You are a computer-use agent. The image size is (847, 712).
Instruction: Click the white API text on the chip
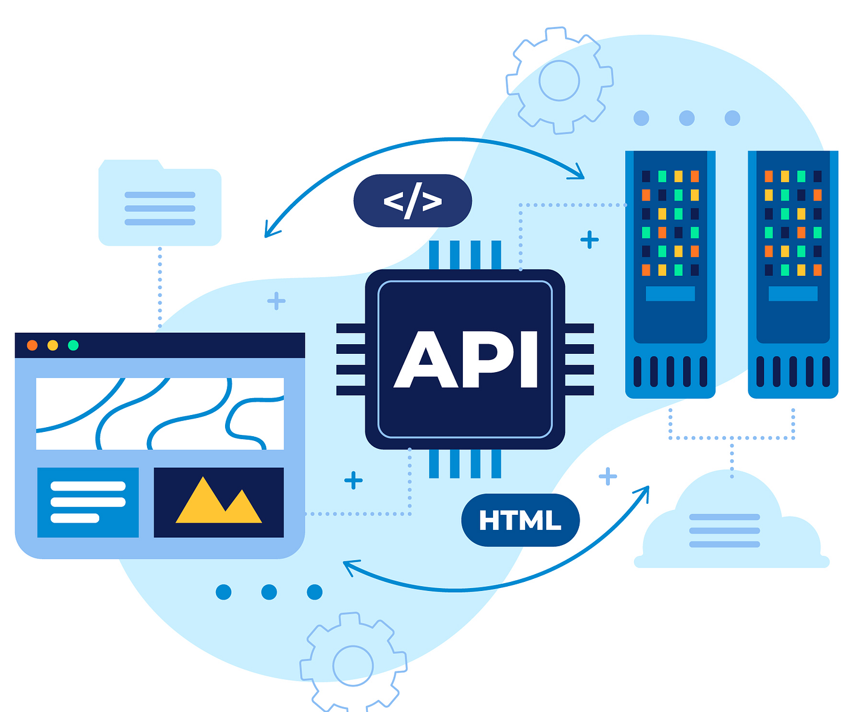(x=465, y=359)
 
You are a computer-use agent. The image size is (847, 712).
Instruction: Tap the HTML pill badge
(x=520, y=520)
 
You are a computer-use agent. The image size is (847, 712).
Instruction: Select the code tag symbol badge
(x=413, y=200)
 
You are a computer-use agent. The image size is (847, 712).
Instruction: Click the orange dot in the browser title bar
(x=32, y=345)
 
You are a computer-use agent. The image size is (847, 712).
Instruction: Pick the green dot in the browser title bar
(x=73, y=345)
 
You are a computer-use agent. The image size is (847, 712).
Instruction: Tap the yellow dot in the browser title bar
(x=53, y=345)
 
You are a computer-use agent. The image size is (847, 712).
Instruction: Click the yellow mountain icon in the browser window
(x=218, y=500)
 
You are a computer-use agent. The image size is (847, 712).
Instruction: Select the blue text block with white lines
(x=88, y=502)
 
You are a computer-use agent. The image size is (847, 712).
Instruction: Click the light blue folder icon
(x=160, y=203)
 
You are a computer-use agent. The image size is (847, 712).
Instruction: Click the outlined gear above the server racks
(x=560, y=80)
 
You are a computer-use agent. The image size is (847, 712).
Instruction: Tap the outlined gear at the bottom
(x=353, y=666)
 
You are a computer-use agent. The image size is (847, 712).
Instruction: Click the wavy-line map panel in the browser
(x=160, y=414)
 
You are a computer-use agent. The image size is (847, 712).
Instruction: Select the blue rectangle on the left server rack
(x=670, y=294)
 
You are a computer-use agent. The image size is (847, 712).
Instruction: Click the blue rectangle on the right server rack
(x=793, y=294)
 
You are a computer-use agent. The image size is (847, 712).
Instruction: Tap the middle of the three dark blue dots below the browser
(x=269, y=592)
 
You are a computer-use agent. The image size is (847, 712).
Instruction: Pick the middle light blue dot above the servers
(x=686, y=118)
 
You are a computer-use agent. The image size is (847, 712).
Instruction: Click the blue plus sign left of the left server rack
(x=589, y=240)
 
